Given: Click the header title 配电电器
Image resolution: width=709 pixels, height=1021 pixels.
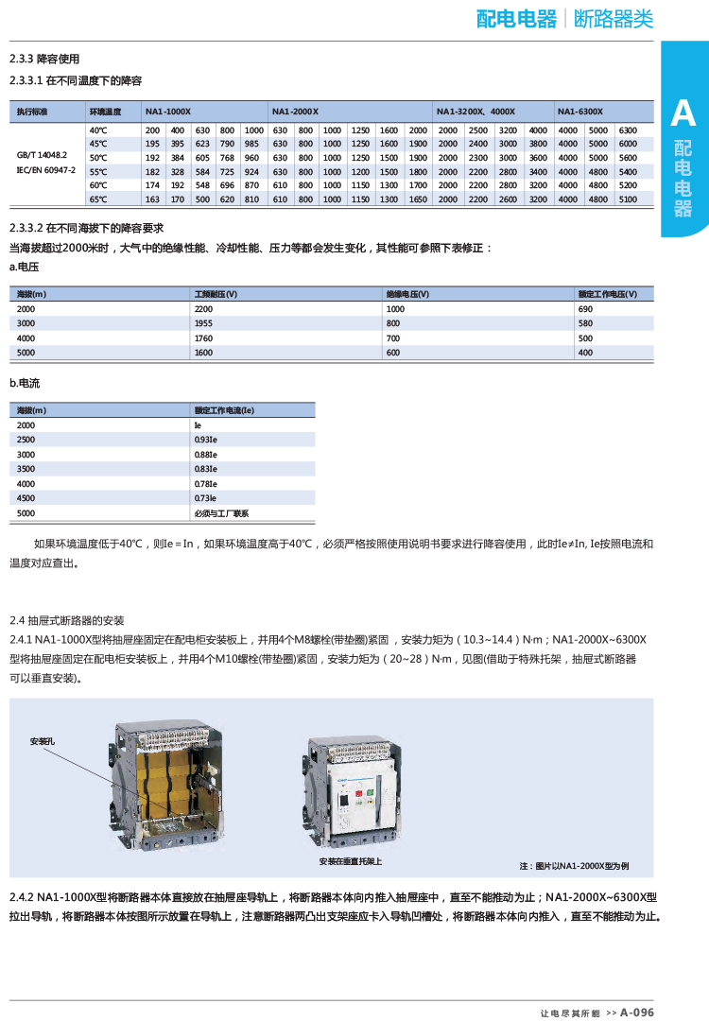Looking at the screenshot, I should coord(516,19).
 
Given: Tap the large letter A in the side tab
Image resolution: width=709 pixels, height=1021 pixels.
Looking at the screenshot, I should coord(682,114).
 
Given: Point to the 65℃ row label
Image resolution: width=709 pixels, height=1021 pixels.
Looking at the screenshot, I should coord(98,199).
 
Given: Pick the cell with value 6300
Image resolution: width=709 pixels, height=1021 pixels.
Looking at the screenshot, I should coord(628,130).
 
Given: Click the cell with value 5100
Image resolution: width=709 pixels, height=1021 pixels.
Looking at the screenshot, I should coord(628,199).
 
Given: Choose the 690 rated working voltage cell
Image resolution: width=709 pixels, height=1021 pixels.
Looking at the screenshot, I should coord(585,309).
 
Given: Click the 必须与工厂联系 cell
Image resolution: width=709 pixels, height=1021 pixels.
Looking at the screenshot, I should coord(221,512).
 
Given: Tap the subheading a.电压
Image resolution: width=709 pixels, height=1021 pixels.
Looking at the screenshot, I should coord(25,268).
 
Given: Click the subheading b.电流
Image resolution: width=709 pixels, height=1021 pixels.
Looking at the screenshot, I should coord(25,384).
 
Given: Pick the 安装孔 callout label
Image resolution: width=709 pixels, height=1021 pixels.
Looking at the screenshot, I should coord(43,741).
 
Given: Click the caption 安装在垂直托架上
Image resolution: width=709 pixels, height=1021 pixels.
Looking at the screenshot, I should coord(351,861).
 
